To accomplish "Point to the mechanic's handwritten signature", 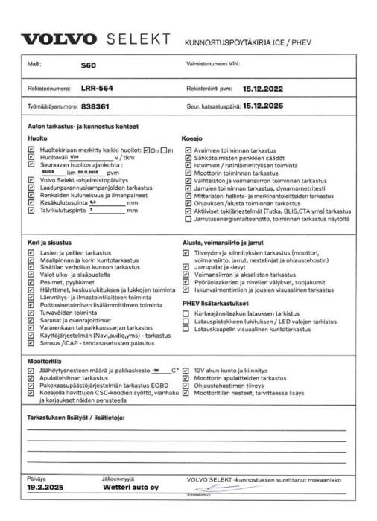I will tap(212, 484).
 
